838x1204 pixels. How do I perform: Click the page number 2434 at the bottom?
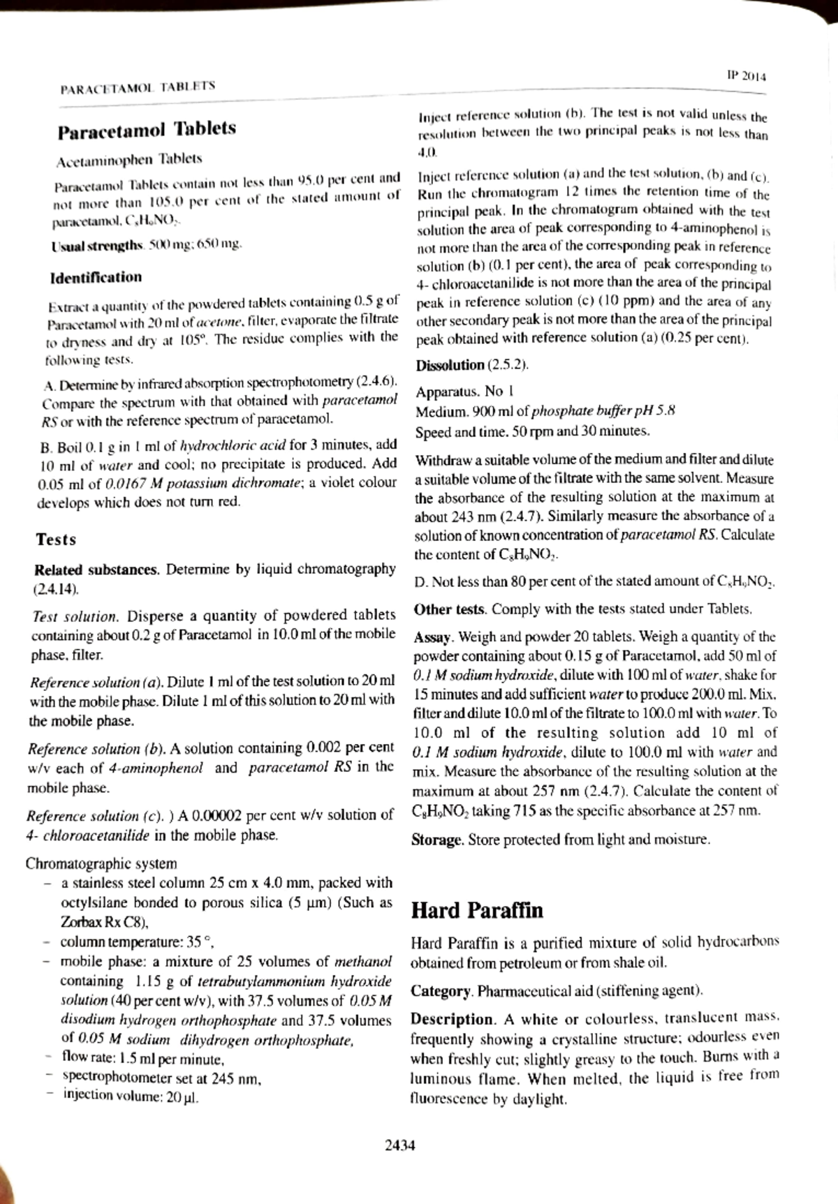click(x=400, y=1145)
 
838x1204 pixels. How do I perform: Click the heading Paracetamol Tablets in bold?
click(x=147, y=130)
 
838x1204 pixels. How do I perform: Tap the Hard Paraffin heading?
click(x=476, y=911)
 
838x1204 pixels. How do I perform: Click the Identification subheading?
click(x=96, y=277)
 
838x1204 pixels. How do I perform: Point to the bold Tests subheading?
click(x=56, y=540)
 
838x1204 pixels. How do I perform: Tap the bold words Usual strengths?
click(x=96, y=246)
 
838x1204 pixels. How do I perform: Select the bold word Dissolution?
click(x=450, y=365)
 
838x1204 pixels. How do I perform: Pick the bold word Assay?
click(x=434, y=637)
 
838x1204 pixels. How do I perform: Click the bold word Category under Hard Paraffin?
click(x=441, y=991)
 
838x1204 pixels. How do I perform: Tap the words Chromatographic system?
click(x=101, y=864)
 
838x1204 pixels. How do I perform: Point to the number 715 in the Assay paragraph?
click(x=525, y=812)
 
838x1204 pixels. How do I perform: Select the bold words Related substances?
click(x=96, y=570)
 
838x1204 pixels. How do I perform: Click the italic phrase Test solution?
click(x=75, y=617)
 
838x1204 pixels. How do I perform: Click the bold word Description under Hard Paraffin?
click(x=452, y=1019)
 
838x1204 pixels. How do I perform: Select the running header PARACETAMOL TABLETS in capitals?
click(x=138, y=87)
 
